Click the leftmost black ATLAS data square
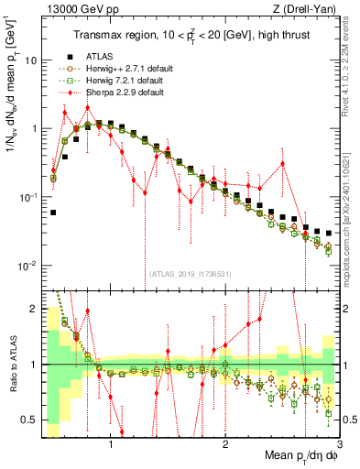pos(53,212)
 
